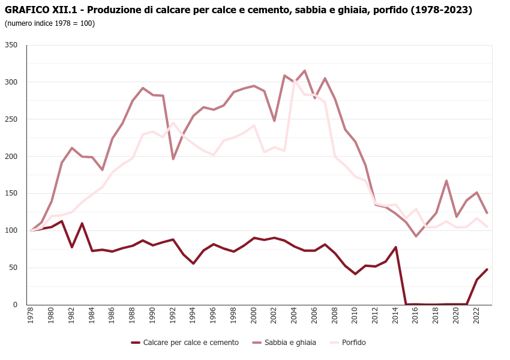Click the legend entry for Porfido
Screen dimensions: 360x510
353,343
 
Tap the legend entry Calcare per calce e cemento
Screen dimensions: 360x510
190,343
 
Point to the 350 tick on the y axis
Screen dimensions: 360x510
11,45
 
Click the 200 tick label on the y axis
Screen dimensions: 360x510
11,156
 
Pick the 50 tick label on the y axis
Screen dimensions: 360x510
14,268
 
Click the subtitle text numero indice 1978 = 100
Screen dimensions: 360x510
50,23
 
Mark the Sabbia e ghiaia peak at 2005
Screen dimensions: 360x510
304,71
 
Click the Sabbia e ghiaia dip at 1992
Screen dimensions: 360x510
173,159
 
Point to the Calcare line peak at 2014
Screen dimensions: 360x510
395,247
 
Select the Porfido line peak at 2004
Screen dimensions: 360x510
295,80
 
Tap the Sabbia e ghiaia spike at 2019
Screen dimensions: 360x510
446,181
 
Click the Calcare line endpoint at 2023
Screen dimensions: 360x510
487,269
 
